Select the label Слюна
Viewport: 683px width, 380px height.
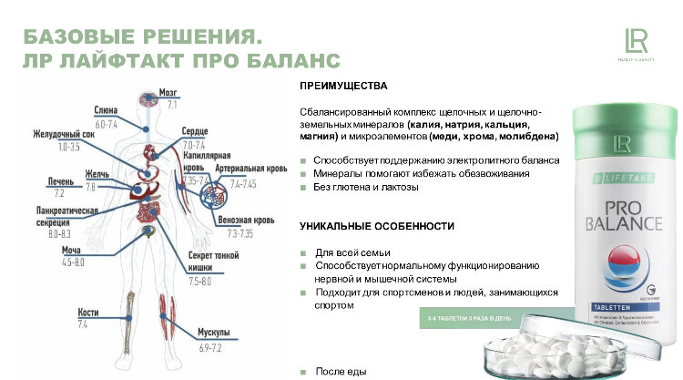pos(107,111)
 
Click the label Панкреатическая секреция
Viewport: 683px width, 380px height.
pos(61,216)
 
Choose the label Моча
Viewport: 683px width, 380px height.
pos(72,251)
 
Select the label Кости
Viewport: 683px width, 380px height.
pos(87,313)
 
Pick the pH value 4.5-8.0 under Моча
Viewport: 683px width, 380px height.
pos(73,262)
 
